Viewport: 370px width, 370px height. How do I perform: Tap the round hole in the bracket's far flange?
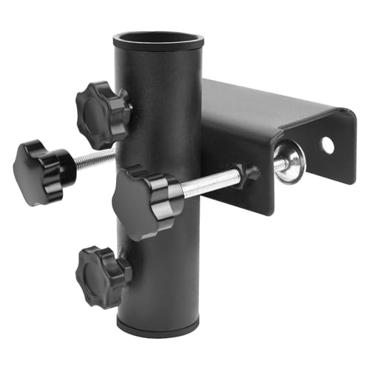pos(327,145)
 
